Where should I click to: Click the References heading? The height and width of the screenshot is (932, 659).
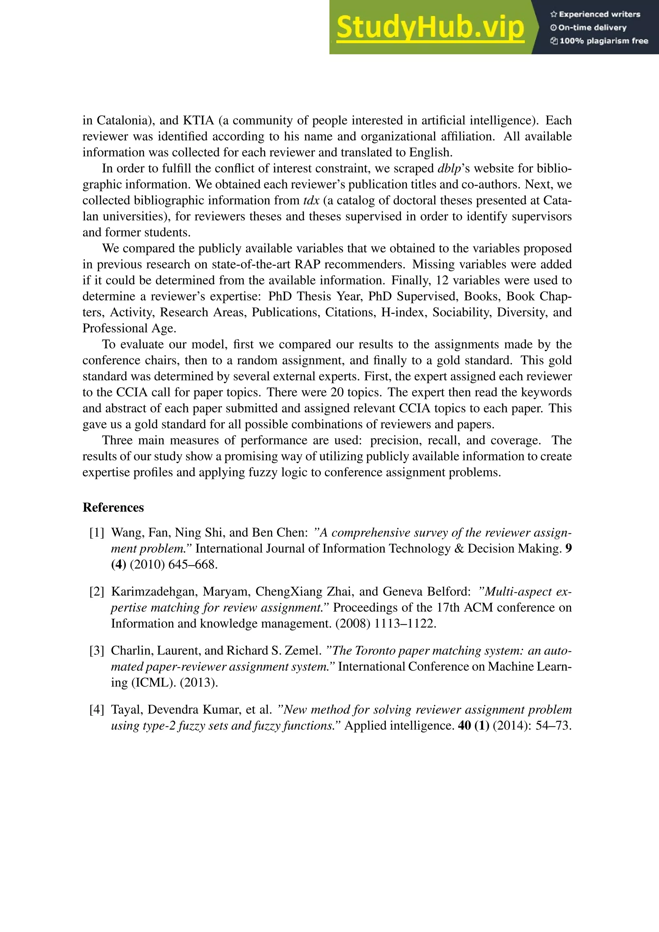point(113,508)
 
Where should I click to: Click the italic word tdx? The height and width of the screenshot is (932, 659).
point(311,200)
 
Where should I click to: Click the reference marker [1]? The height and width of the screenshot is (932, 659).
point(97,533)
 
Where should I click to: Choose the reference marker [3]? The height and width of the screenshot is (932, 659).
point(97,651)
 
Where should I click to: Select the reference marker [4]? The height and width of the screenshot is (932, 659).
point(97,710)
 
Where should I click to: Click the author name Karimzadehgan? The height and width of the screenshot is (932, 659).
point(154,592)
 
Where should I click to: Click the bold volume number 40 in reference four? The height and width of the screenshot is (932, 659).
point(464,725)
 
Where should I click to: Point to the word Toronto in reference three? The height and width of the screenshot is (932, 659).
point(376,651)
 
